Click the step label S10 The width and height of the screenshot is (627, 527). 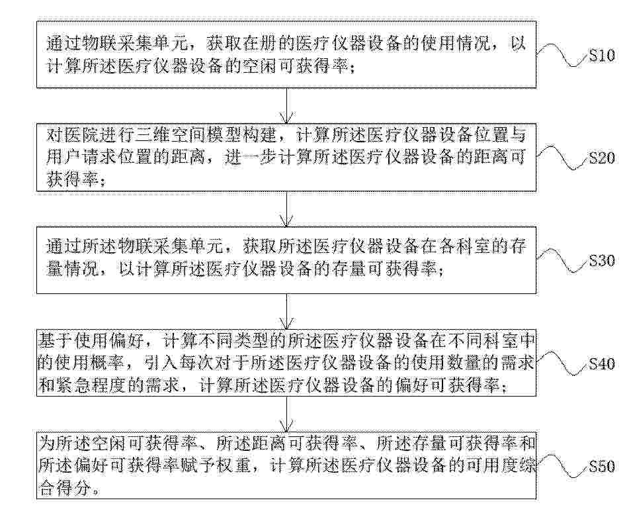pyautogui.click(x=601, y=56)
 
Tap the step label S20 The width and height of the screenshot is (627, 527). pyautogui.click(x=601, y=158)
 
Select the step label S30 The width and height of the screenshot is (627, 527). pyautogui.click(x=601, y=261)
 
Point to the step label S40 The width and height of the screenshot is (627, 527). pyautogui.click(x=601, y=363)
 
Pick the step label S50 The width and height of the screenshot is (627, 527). pyautogui.click(x=601, y=467)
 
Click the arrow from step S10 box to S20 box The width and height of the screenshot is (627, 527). pyautogui.click(x=286, y=105)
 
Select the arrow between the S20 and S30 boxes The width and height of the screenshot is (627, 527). pyautogui.click(x=286, y=209)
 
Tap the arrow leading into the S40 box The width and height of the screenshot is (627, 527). pyautogui.click(x=286, y=311)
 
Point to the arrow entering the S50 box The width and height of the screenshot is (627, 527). pyautogui.click(x=286, y=414)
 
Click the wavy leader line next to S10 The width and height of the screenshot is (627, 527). pyautogui.click(x=562, y=54)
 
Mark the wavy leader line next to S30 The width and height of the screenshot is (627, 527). pyautogui.click(x=562, y=260)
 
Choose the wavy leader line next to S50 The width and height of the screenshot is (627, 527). pyautogui.click(x=562, y=466)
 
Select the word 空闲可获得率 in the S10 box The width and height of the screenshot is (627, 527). pyautogui.click(x=296, y=66)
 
